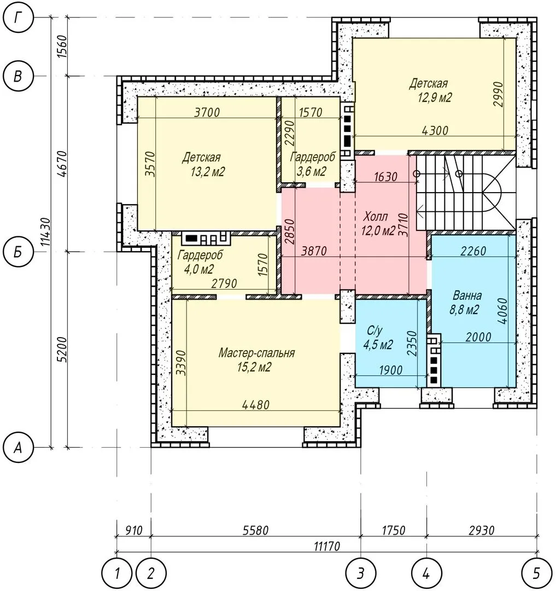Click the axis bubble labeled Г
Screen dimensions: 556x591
18,18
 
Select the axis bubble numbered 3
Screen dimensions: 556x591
361,573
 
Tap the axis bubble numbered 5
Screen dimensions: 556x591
537,573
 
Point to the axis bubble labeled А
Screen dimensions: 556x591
18,448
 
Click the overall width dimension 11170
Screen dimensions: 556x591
327,546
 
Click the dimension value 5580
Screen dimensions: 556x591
256,530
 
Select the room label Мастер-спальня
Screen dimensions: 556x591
257,353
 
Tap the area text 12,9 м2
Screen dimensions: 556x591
435,97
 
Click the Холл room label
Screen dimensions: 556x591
375,216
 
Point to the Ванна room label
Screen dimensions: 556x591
467,295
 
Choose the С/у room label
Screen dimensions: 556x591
374,331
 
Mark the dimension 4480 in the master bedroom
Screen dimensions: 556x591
256,405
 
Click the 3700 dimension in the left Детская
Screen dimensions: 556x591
207,112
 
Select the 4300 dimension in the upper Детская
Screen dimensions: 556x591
435,130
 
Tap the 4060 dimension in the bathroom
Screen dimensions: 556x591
502,311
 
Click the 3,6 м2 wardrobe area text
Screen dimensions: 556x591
311,171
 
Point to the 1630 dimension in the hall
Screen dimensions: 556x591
385,176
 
